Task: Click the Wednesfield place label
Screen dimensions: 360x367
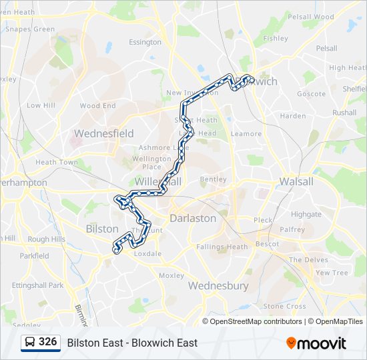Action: (103, 133)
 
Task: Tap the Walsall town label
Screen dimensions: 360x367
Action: (296, 181)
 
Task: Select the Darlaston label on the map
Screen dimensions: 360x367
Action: (193, 218)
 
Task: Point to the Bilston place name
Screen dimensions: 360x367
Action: (102, 229)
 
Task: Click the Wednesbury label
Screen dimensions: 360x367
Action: (218, 286)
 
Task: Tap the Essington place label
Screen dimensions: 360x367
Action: (145, 42)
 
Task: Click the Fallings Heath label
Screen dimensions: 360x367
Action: (222, 247)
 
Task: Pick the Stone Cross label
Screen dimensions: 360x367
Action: (284, 306)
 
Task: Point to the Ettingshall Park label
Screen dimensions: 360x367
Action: (37, 285)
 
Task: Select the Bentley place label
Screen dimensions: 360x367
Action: (213, 179)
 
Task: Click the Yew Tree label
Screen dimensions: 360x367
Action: (332, 273)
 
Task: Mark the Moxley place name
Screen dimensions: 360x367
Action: (171, 275)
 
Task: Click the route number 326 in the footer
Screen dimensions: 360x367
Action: (47, 342)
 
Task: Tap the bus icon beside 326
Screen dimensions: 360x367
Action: (30, 343)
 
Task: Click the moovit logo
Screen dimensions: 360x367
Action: (316, 343)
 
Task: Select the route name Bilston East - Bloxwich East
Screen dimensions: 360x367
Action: (132, 343)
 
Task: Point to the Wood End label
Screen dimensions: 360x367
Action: (98, 105)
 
